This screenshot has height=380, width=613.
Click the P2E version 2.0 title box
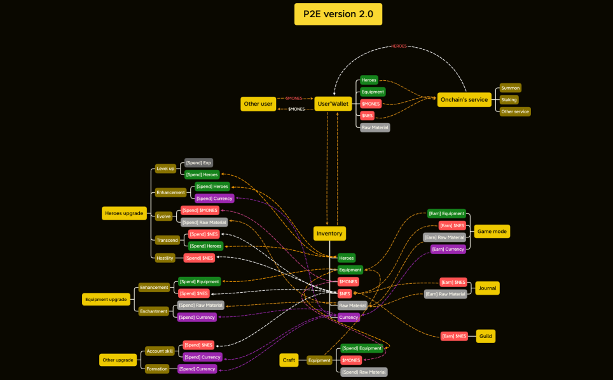(x=338, y=14)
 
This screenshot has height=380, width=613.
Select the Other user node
(x=258, y=104)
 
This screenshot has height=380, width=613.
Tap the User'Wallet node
(x=333, y=104)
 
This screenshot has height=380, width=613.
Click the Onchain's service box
(x=464, y=99)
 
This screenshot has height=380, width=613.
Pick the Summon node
(x=510, y=88)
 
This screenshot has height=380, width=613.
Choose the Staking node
(x=509, y=100)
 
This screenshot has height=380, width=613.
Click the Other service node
(x=514, y=111)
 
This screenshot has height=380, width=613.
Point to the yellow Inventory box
(x=329, y=234)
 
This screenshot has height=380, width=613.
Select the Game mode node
(x=492, y=232)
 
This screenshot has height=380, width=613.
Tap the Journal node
(x=487, y=288)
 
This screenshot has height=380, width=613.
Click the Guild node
(x=485, y=336)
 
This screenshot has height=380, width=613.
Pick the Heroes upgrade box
(x=125, y=213)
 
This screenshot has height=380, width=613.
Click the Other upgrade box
(x=118, y=360)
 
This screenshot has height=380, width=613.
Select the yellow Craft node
(x=289, y=360)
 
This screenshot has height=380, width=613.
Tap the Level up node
(x=165, y=169)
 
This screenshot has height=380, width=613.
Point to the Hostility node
(x=165, y=258)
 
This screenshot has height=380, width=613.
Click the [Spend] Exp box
(x=198, y=163)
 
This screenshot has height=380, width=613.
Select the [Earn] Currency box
(x=448, y=249)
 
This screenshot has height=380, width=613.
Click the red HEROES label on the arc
(x=399, y=46)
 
